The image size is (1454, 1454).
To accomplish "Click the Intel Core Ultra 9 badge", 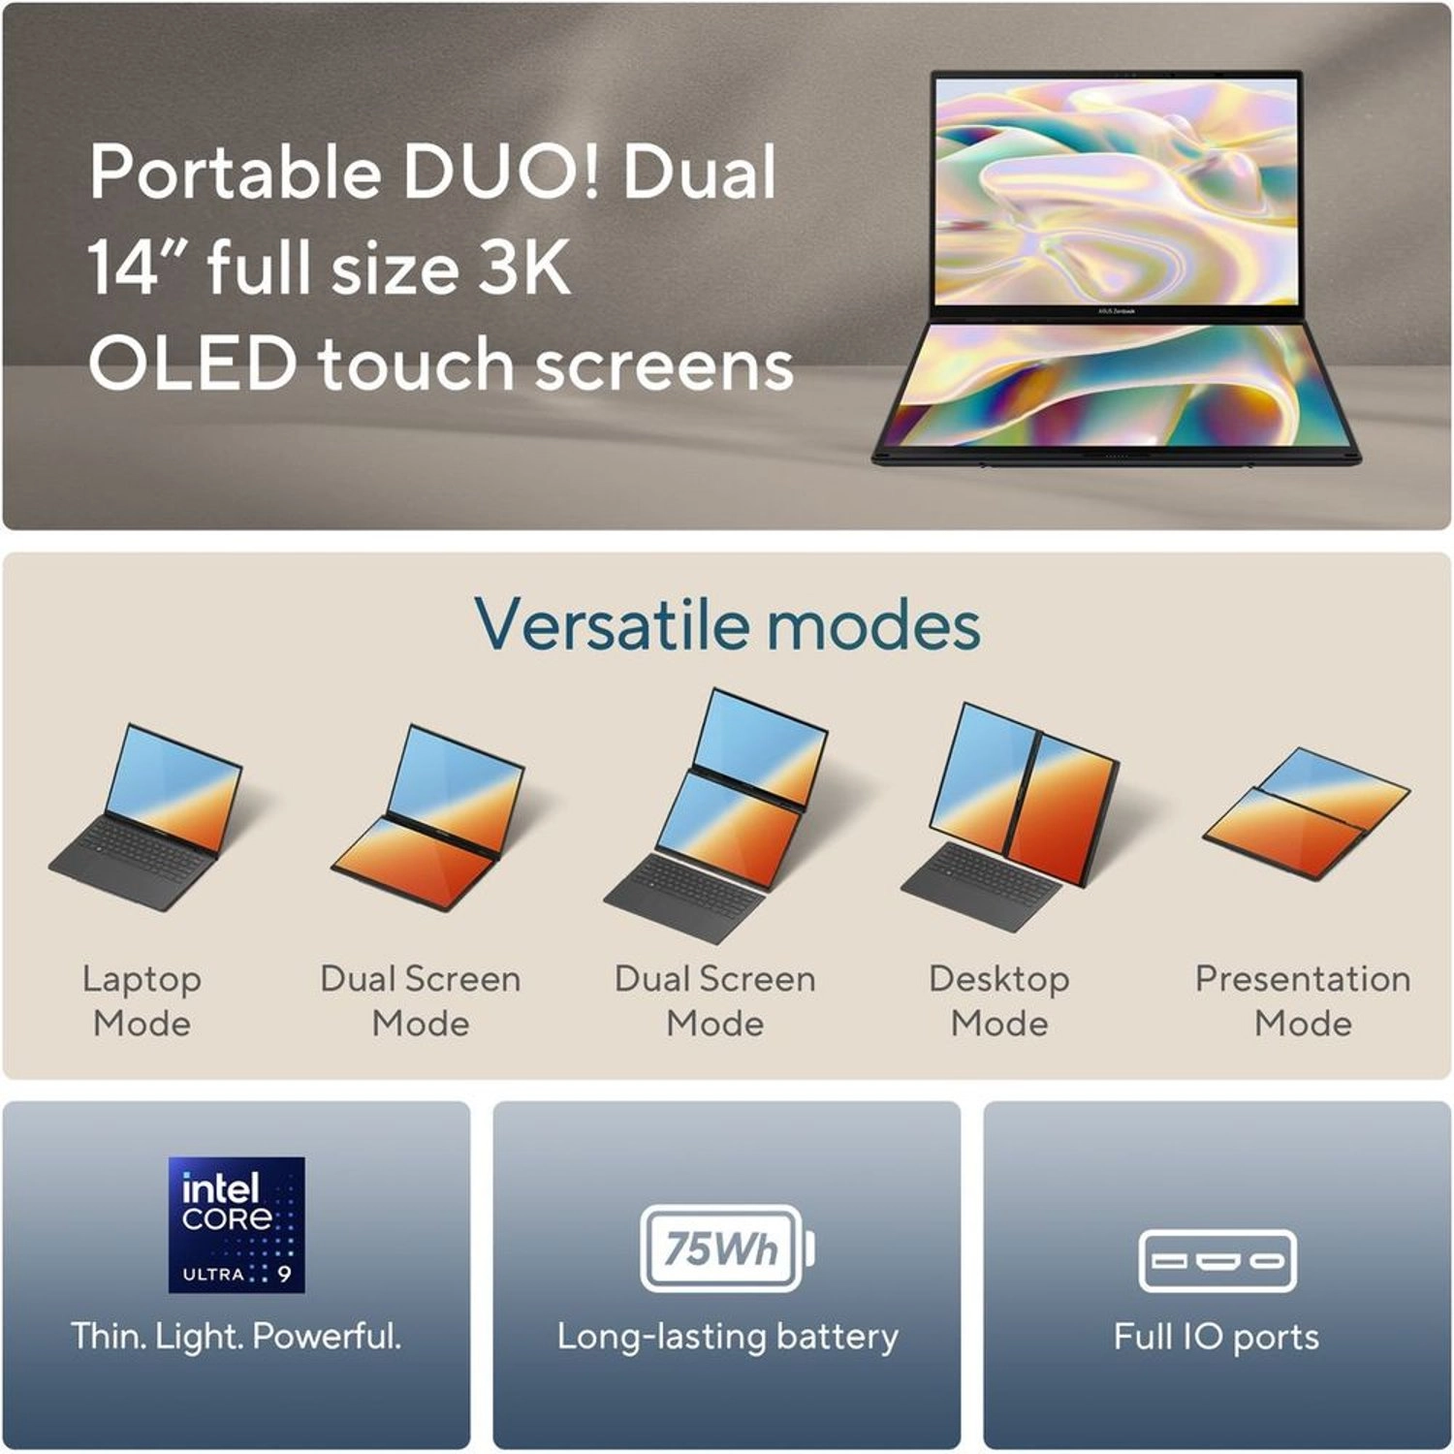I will (237, 1224).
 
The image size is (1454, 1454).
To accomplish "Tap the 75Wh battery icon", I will (727, 1249).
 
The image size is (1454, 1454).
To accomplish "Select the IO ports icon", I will (1217, 1261).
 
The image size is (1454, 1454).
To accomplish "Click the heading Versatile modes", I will (727, 625).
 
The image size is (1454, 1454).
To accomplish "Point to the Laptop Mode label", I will (142, 1000).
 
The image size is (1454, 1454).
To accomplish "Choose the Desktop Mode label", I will (999, 1000).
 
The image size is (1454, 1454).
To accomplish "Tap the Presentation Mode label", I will (1303, 1000).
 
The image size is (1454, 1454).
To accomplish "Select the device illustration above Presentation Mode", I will (1307, 814).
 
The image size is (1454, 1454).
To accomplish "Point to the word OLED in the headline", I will (192, 364).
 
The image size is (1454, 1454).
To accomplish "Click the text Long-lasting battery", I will (727, 1337).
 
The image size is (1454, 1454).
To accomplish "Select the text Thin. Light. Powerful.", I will (237, 1337).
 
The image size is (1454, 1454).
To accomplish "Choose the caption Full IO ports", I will (1217, 1337).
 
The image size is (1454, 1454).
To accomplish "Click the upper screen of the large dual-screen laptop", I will (1116, 189).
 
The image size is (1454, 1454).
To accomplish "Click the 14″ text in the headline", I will (136, 268).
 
